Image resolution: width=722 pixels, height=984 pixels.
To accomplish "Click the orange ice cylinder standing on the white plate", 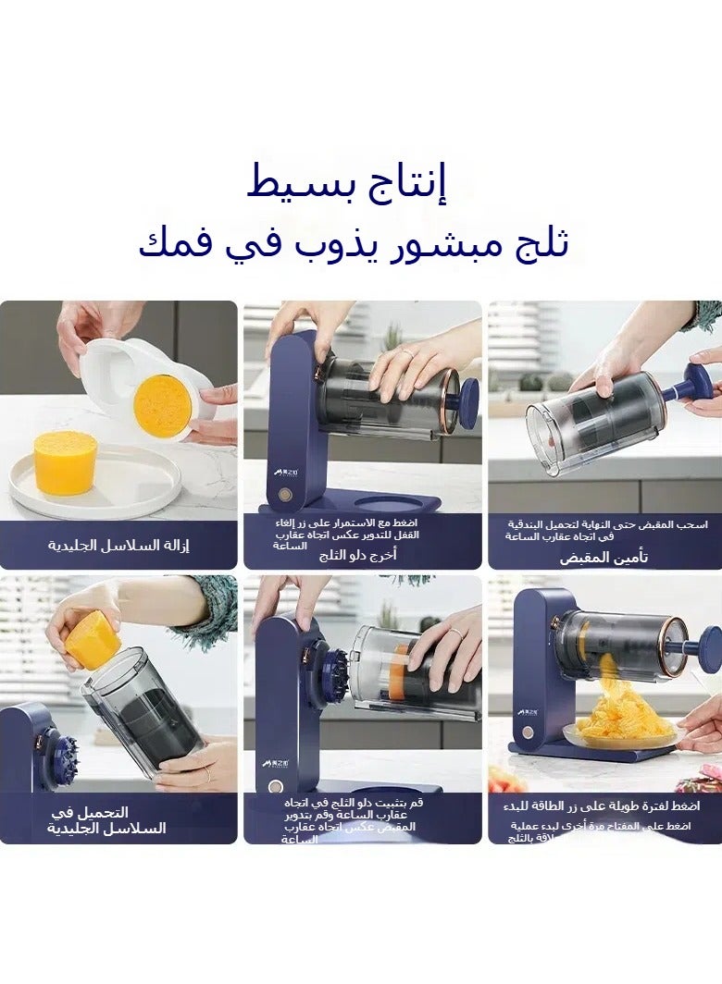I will (65, 461).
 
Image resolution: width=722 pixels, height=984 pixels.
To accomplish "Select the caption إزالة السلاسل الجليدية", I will (118, 545).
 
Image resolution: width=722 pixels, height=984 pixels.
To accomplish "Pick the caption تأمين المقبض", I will (604, 558).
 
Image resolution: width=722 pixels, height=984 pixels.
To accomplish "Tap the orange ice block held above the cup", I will (89, 639).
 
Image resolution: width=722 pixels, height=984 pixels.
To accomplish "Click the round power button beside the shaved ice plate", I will (529, 732).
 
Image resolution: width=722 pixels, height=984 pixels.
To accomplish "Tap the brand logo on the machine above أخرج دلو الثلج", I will (284, 472).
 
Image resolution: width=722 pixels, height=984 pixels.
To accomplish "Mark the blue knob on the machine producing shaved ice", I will (710, 648).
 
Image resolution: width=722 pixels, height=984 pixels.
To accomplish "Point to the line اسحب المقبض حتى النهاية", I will (605, 524).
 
